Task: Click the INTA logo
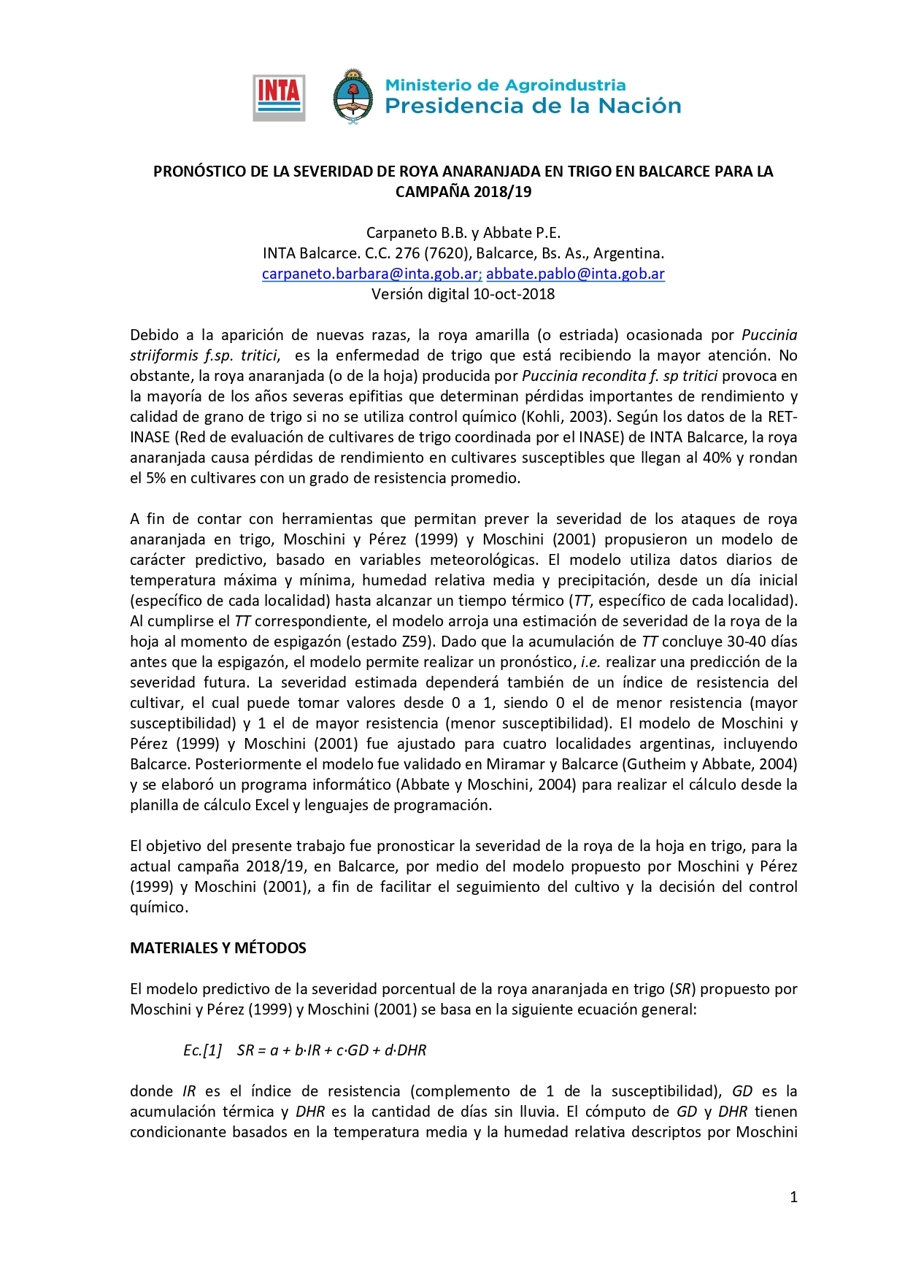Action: point(279,98)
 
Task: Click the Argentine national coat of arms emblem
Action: point(353,97)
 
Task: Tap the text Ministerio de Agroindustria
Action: point(505,85)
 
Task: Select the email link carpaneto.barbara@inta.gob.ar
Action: point(371,274)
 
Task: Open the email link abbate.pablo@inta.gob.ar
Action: point(575,274)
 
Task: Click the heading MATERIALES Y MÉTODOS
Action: point(218,948)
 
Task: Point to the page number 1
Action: point(793,1196)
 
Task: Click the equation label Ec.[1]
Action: point(202,1050)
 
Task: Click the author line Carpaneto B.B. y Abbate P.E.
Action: point(463,233)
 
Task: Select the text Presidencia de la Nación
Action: point(533,107)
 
